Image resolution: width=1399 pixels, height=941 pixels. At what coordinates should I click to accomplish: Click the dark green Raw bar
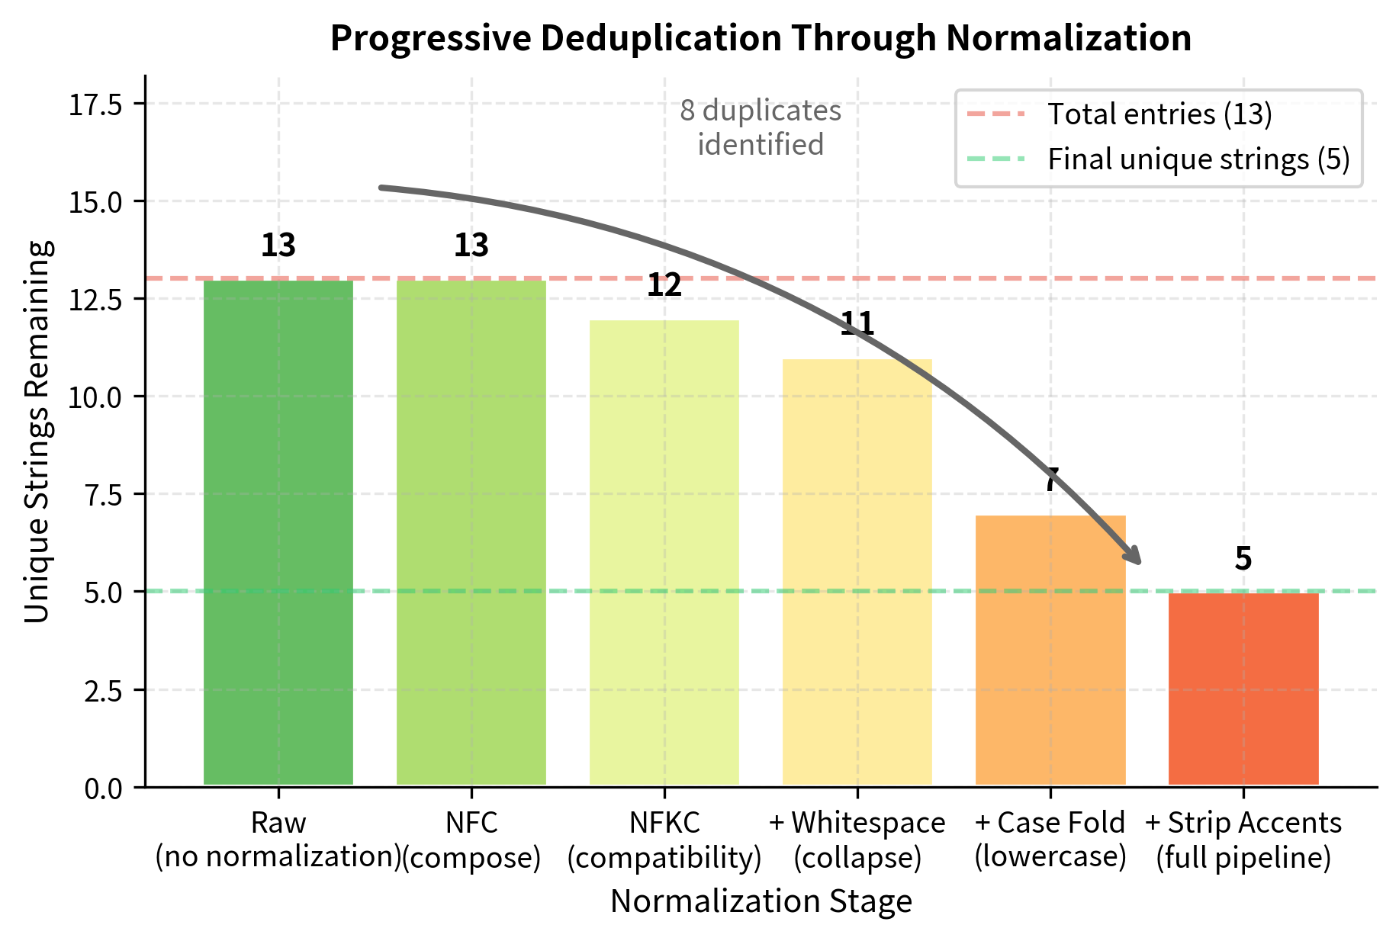coord(278,534)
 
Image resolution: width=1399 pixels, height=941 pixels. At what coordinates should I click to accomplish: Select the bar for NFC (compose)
coord(471,534)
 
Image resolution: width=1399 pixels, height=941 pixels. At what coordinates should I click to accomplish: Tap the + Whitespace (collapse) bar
coord(857,572)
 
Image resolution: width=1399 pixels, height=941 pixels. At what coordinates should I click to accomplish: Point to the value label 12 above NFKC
coord(664,285)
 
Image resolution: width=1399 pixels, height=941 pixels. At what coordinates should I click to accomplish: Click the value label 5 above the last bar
coord(1243,559)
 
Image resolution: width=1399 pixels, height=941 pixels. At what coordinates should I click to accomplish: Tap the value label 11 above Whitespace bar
coord(857,324)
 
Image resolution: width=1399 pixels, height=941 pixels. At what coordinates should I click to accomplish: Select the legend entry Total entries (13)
coord(1159,114)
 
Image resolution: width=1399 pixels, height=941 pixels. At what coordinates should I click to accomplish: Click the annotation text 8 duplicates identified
coord(761,127)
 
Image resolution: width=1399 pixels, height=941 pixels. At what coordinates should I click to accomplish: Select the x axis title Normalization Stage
coord(761,901)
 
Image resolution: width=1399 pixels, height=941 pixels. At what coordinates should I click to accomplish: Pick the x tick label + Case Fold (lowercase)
coord(1050,840)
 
